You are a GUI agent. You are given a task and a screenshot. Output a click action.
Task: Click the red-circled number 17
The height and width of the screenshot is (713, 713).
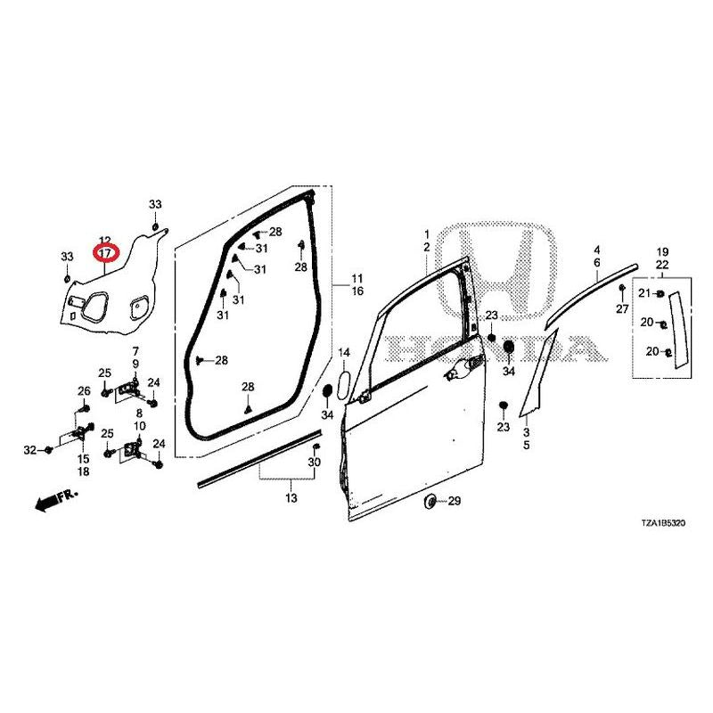(105, 252)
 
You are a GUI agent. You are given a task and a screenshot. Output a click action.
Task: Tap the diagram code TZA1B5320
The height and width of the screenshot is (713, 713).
(663, 523)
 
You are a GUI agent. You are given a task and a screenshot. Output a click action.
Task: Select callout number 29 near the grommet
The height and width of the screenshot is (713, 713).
(455, 501)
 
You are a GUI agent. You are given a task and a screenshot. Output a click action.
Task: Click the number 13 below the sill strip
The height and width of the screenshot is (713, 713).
(291, 498)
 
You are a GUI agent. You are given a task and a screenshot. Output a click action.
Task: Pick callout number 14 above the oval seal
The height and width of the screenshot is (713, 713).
(344, 353)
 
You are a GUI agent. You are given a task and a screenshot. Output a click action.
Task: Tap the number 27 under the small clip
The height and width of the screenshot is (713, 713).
(622, 309)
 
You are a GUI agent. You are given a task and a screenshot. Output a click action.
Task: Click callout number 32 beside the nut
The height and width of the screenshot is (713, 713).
(30, 450)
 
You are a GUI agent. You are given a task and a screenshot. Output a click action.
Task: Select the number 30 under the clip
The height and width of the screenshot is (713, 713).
(315, 463)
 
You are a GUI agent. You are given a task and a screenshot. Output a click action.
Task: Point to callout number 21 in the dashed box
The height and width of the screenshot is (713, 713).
(644, 293)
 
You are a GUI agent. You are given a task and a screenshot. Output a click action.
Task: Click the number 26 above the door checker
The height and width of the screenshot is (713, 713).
(84, 391)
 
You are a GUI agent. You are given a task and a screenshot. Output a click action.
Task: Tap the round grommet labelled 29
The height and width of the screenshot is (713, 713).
(430, 502)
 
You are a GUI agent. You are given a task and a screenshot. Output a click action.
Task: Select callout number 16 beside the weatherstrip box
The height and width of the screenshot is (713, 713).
(358, 291)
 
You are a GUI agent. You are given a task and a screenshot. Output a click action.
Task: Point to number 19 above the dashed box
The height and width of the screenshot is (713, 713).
(662, 252)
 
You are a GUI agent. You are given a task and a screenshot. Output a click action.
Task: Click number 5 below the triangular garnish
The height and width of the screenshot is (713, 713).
(527, 445)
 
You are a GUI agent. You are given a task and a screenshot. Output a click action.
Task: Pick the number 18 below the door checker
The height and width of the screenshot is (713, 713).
(84, 471)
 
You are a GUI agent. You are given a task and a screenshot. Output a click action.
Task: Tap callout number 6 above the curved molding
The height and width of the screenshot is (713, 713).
(597, 263)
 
